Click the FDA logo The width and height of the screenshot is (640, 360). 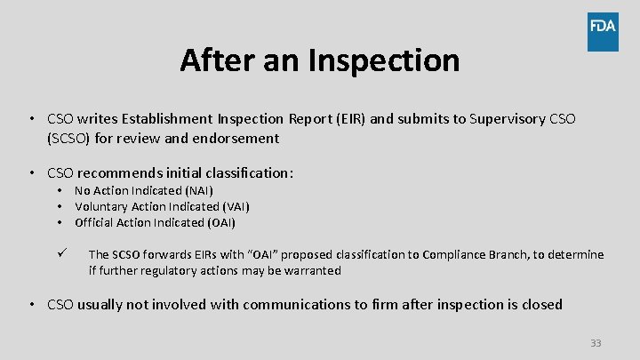pos(603,32)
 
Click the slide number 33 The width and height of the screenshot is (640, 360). pos(596,343)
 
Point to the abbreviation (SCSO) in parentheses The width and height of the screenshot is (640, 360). pos(75,138)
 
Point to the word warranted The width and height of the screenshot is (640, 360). pos(312,270)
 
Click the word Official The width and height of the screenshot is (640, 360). pos(93,222)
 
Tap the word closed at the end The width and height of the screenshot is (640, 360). pos(541,304)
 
